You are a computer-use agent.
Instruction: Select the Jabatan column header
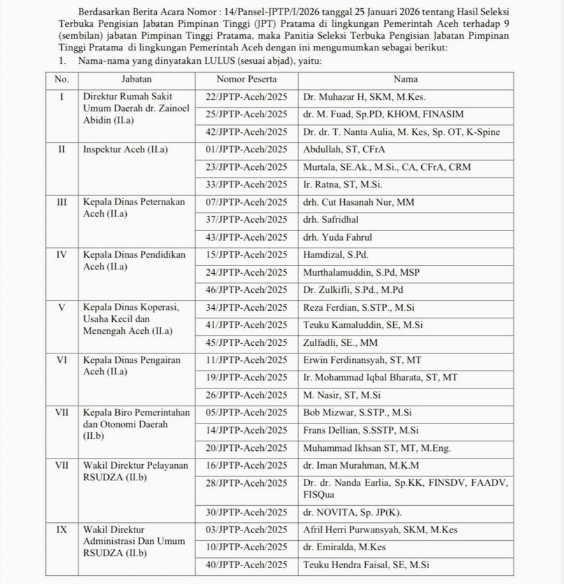(x=135, y=81)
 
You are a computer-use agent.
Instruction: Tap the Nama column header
(x=401, y=81)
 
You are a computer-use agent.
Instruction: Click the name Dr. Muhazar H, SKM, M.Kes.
(x=364, y=97)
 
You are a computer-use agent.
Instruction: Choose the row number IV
(x=62, y=255)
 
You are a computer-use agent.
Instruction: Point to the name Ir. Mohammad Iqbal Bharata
(x=380, y=378)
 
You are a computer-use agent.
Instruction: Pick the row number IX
(x=62, y=530)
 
